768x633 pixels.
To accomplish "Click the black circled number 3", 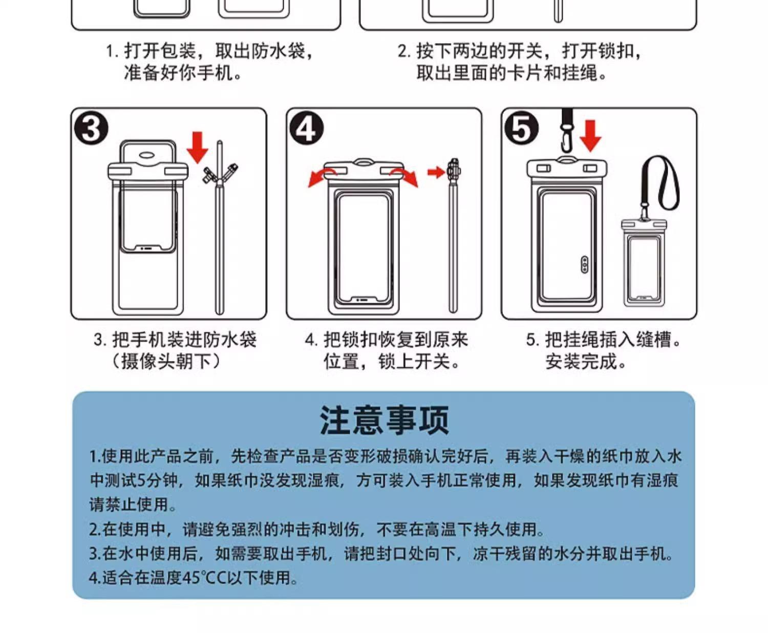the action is pos(91,129).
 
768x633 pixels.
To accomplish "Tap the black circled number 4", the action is pos(306,129).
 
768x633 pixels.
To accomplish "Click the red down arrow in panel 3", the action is pos(198,147).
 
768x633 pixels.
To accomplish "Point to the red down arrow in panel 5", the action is pos(590,135).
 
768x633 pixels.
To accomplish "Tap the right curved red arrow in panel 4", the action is pos(404,177).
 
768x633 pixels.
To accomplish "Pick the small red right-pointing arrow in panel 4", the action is pos(437,172).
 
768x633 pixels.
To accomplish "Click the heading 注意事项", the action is pos(384,420).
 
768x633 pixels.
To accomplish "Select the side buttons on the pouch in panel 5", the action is pos(585,265).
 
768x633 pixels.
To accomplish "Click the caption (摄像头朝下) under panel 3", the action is pos(166,362).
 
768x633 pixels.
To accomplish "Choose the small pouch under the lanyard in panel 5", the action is pos(644,263).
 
